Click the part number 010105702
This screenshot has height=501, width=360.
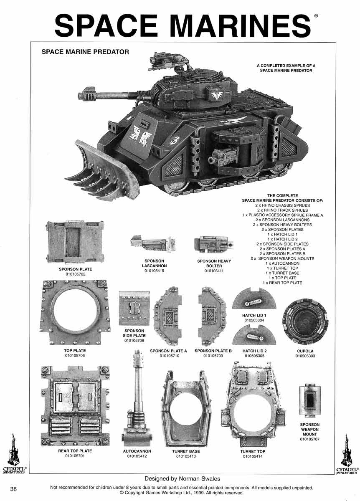76,274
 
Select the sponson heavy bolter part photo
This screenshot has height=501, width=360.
214,244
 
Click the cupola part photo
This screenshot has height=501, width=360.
305,322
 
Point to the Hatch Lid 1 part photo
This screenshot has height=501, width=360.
254,299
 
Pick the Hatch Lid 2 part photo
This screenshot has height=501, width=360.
254,335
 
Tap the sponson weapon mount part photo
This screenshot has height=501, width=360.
309,401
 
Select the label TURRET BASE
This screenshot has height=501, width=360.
186,451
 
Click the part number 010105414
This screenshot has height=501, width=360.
253,456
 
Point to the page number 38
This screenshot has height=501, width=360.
13,489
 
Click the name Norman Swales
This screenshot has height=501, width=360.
199,478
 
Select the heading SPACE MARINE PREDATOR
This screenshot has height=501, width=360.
85,52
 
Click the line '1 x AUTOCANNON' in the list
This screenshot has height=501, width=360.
283,263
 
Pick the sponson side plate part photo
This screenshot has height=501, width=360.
134,308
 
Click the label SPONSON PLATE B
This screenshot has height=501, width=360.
213,351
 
